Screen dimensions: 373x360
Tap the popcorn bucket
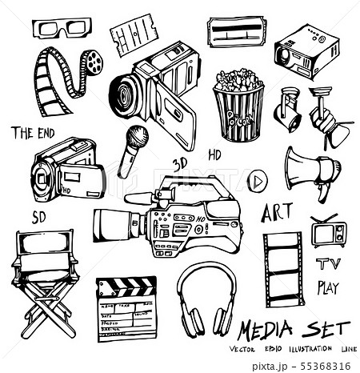238,103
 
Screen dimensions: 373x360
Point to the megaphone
311,170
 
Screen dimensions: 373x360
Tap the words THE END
34,133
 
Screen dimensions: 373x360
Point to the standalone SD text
39,217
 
